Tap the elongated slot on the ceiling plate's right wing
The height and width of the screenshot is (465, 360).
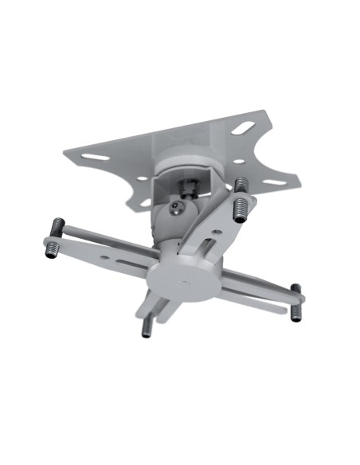click(273, 182)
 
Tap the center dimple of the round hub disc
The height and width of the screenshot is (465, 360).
click(185, 282)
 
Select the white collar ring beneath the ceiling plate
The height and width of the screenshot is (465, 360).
click(188, 166)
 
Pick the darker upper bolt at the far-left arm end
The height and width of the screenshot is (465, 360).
click(57, 226)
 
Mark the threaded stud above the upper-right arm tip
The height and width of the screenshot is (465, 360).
click(241, 186)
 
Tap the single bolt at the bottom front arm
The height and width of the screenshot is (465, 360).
click(147, 328)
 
